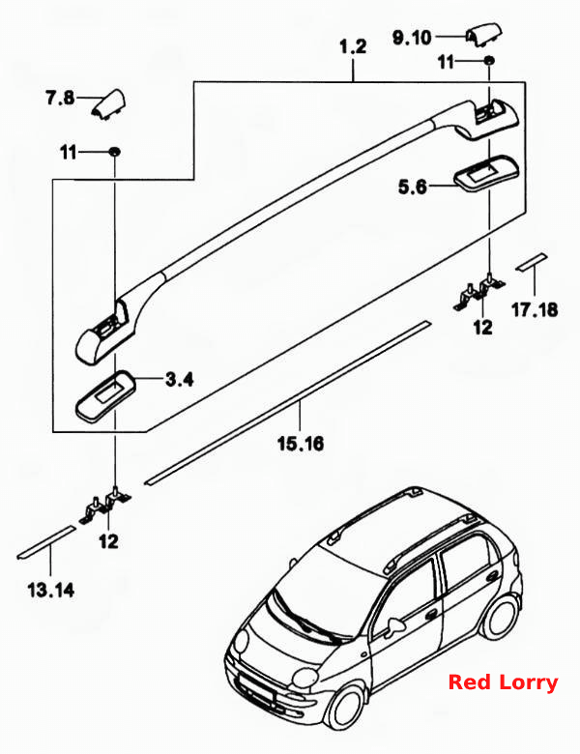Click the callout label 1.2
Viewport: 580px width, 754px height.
point(353,47)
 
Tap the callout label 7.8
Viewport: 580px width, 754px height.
point(60,99)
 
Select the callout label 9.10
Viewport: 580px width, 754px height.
point(412,38)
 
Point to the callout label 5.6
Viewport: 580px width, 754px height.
point(413,187)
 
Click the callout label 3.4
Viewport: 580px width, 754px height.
point(180,380)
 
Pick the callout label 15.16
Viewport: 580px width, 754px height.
point(301,443)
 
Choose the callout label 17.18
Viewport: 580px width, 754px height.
point(535,309)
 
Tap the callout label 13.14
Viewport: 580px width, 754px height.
point(51,590)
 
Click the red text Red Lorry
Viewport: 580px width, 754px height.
point(503,682)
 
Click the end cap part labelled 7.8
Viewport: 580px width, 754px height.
point(108,103)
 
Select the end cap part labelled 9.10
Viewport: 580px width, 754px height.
point(483,35)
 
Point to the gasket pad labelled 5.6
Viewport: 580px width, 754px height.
point(486,174)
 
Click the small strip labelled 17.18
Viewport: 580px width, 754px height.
point(532,262)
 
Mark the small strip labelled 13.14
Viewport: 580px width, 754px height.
point(46,542)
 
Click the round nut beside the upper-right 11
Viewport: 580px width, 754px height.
point(488,61)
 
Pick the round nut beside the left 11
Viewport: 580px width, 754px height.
point(114,152)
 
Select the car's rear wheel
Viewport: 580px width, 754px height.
point(501,618)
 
